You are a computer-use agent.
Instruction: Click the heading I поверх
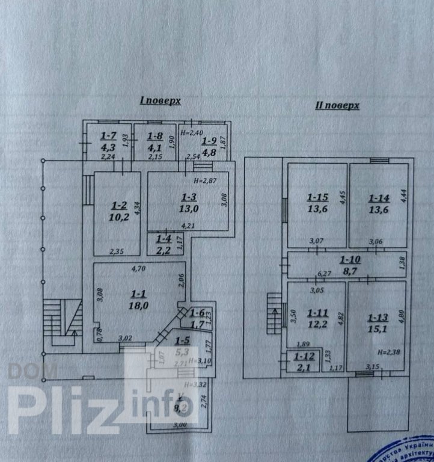pos(160,102)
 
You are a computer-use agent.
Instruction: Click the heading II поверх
pos(337,105)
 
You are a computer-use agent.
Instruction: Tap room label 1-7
pos(109,136)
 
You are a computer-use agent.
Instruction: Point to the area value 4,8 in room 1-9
pos(209,152)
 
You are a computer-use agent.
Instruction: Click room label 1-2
pos(118,205)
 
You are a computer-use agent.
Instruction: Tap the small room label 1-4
pos(163,239)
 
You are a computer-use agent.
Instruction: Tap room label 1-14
pos(379,197)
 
